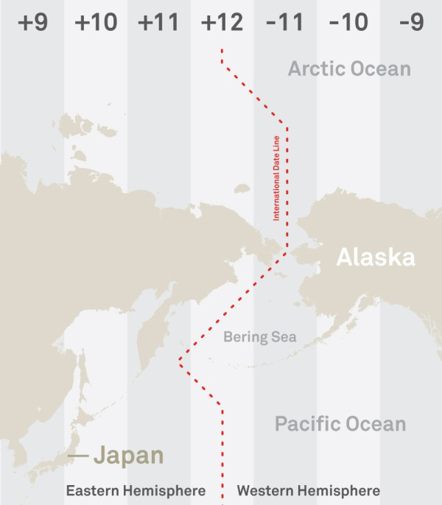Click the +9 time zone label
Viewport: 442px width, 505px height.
[32, 23]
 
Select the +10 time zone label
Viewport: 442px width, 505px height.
[96, 23]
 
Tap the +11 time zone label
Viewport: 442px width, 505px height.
[158, 23]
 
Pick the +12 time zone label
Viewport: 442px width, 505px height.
[222, 23]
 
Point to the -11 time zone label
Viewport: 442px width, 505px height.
[285, 23]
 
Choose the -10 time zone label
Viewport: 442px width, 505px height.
[348, 23]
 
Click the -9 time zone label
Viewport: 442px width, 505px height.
[411, 23]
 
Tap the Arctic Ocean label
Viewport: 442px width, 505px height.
[349, 69]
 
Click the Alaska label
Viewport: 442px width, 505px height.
[376, 258]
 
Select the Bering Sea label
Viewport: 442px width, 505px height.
[259, 337]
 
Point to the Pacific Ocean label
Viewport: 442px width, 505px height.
[340, 424]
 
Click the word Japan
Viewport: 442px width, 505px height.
[129, 456]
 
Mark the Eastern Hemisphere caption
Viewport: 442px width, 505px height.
[135, 490]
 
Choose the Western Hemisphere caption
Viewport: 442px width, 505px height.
[309, 490]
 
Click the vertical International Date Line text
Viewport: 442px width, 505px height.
[277, 179]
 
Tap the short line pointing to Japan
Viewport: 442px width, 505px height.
[78, 456]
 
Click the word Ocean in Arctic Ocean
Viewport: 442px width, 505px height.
[381, 69]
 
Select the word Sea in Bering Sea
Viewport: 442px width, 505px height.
[284, 337]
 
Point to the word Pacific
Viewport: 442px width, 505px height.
[306, 424]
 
